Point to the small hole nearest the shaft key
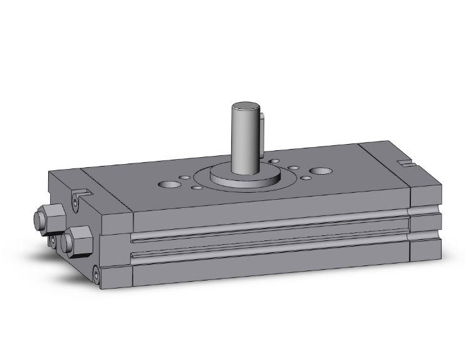click(274, 162)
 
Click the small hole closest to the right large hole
click(306, 178)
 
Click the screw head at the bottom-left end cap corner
click(96, 273)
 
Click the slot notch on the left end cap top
click(81, 190)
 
